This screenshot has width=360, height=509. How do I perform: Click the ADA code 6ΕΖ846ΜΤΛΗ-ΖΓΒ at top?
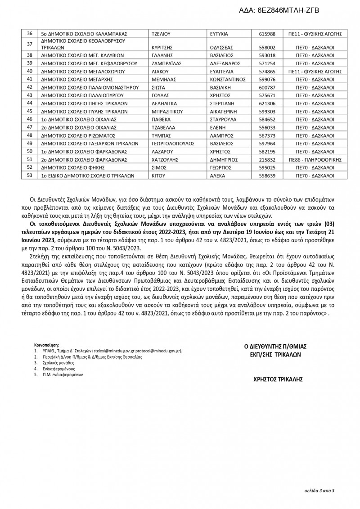tap(288, 9)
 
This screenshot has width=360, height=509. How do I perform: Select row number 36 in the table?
tap(30, 34)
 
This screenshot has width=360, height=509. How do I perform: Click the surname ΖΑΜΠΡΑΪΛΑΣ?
tap(167, 63)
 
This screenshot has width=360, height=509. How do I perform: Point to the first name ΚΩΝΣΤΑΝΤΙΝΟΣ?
tap(228, 79)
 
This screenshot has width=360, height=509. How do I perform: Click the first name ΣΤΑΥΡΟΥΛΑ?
tap(224, 120)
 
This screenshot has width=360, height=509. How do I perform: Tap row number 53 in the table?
tap(30, 176)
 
